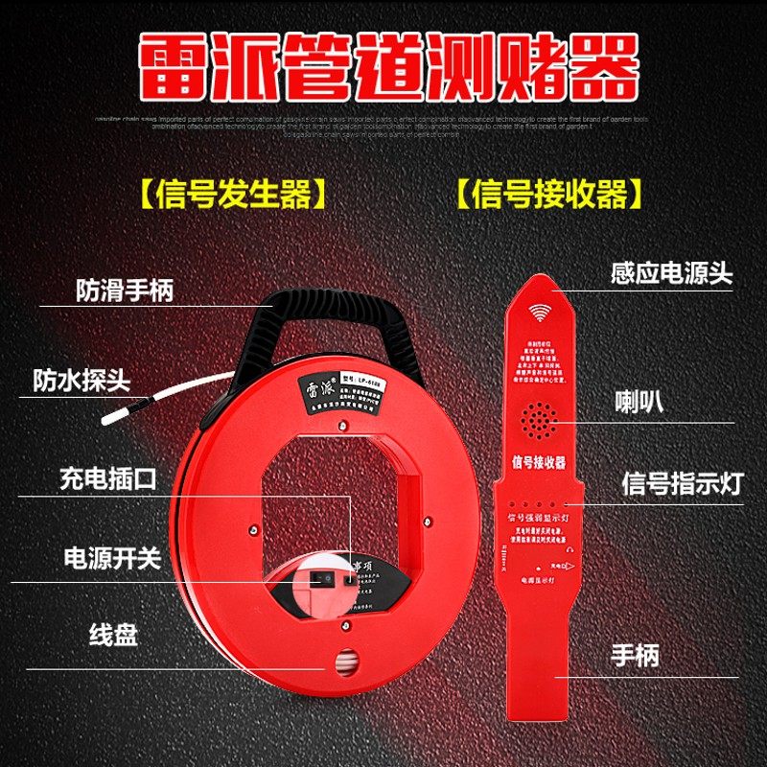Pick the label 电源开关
tap(108, 558)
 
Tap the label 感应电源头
tap(671, 273)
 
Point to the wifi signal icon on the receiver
tap(541, 313)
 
